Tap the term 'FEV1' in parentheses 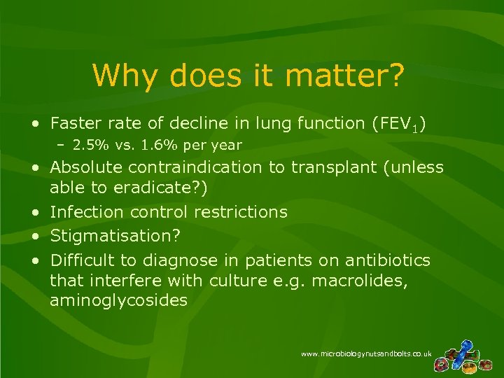pos(398,124)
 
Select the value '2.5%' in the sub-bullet pos(85,146)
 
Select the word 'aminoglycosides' pos(118,301)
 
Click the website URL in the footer pos(366,354)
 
